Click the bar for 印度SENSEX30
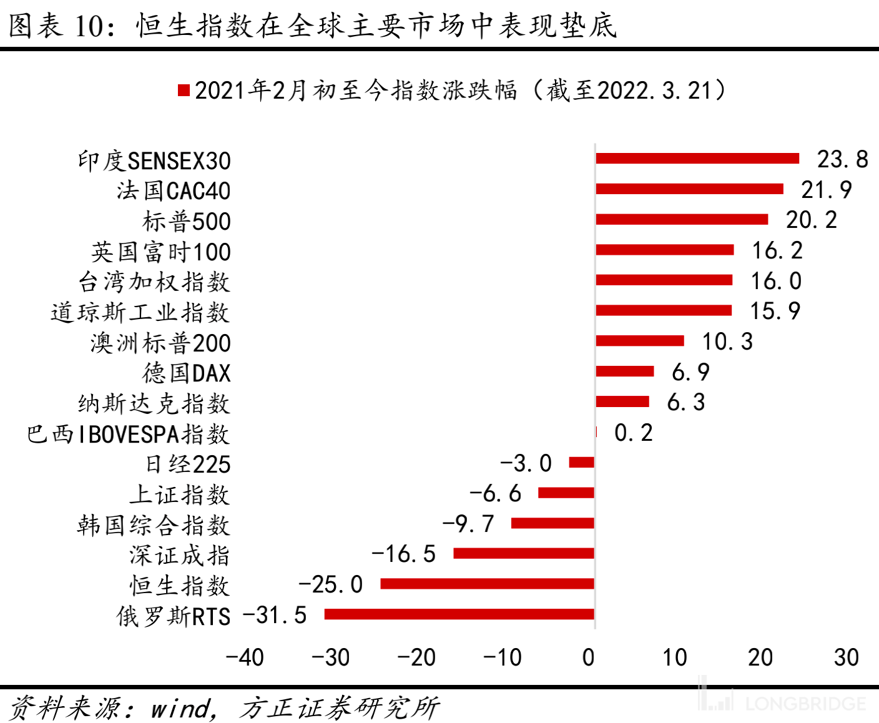pos(697,158)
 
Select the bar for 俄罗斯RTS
pos(459,614)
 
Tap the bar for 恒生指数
pos(487,584)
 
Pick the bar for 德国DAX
pos(625,371)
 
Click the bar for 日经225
pos(582,463)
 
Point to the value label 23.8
pos(842,159)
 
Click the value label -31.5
pos(275,616)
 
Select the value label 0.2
pos(633,433)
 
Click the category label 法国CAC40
pos(174,191)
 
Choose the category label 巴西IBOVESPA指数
pos(128,435)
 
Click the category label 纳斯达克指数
pos(154,404)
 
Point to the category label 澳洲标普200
pos(160,343)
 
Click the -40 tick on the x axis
pos(244,657)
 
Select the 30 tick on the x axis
pos(846,657)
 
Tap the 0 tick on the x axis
pos(588,657)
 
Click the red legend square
pos(184,91)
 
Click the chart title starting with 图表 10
pos(312,26)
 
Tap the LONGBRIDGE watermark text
pos(805,704)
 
